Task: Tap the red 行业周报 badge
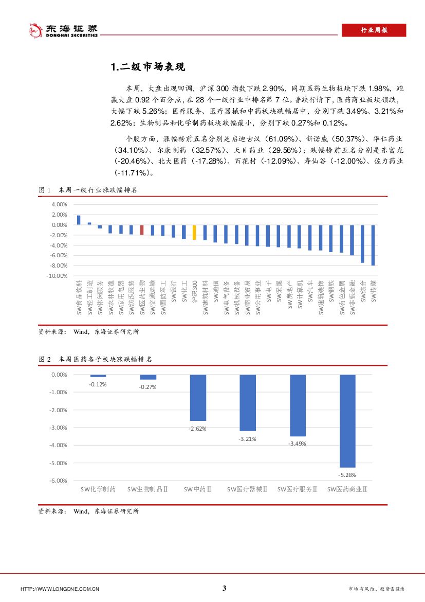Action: (374, 30)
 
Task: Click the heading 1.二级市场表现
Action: (147, 67)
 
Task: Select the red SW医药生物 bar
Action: (142, 230)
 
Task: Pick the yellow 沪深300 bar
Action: (194, 233)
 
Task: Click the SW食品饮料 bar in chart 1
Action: (79, 220)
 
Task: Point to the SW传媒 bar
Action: (373, 245)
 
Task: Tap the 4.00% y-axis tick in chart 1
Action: (60, 204)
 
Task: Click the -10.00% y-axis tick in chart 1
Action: (58, 276)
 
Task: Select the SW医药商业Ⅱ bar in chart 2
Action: (347, 421)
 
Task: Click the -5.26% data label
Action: (347, 475)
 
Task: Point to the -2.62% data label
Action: (198, 428)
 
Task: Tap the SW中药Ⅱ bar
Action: (198, 398)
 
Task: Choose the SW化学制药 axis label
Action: (98, 489)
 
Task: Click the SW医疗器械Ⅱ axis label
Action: (247, 489)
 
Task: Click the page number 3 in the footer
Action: (224, 589)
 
